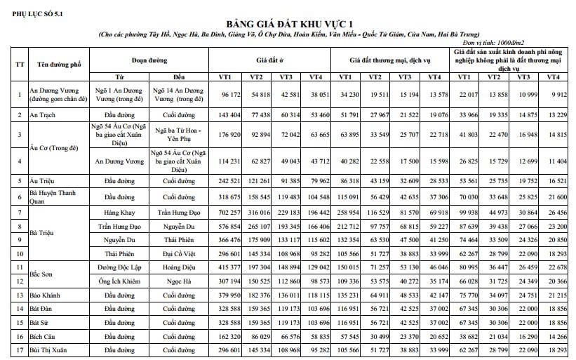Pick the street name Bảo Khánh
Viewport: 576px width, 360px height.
click(47, 295)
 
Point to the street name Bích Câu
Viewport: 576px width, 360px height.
click(44, 337)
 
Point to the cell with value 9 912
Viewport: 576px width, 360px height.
click(553, 94)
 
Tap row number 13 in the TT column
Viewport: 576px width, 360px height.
click(20, 295)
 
